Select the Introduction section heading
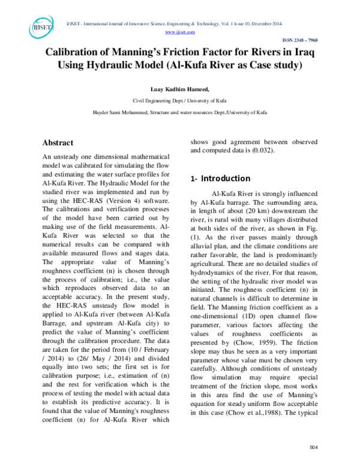click(x=225, y=178)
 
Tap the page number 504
click(x=312, y=447)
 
